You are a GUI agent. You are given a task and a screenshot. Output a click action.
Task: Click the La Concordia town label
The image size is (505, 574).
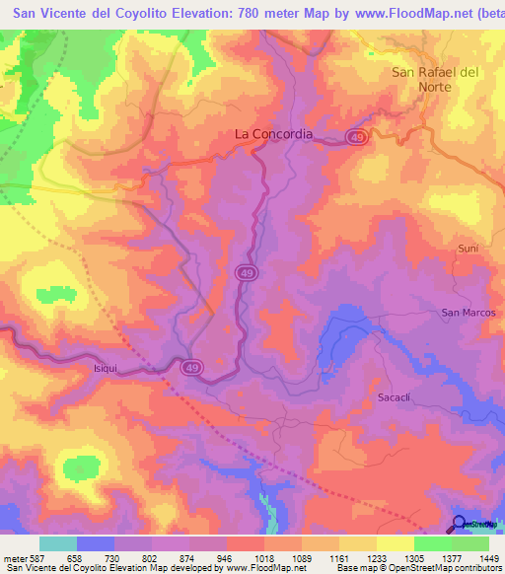tap(273, 134)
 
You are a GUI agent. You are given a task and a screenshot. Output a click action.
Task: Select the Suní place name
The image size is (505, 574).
tap(468, 249)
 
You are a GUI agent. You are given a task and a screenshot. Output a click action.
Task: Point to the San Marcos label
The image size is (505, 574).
tap(469, 313)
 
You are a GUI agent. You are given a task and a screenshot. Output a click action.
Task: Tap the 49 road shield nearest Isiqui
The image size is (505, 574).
tap(192, 367)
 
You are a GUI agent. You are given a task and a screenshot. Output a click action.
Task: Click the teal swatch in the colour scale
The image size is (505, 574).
tap(57, 543)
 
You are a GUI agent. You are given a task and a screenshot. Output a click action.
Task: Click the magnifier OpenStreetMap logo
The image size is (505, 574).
tap(459, 525)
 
